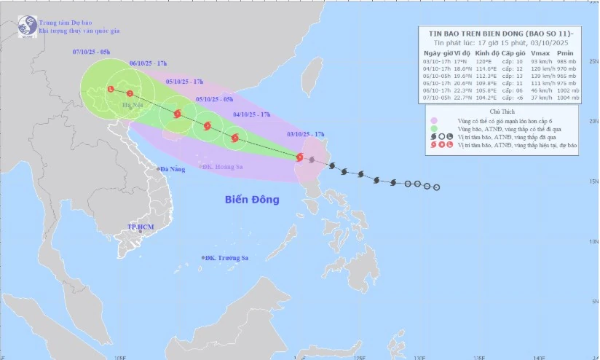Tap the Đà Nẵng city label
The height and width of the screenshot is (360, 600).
coord(173,170)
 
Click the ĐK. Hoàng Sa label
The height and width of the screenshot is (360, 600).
coord(224,166)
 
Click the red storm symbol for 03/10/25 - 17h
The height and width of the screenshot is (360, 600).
coord(300,157)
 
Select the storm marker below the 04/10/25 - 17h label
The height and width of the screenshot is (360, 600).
coord(234,137)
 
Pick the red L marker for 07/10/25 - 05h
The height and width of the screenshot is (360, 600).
coord(111,89)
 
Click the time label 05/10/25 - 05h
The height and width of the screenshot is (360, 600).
coord(215,99)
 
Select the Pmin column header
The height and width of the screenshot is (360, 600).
coord(565,53)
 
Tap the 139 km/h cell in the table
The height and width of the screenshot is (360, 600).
coord(540,75)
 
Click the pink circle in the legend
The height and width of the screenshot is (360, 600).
coord(435,120)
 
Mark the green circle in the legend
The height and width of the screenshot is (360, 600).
coord(435,128)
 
